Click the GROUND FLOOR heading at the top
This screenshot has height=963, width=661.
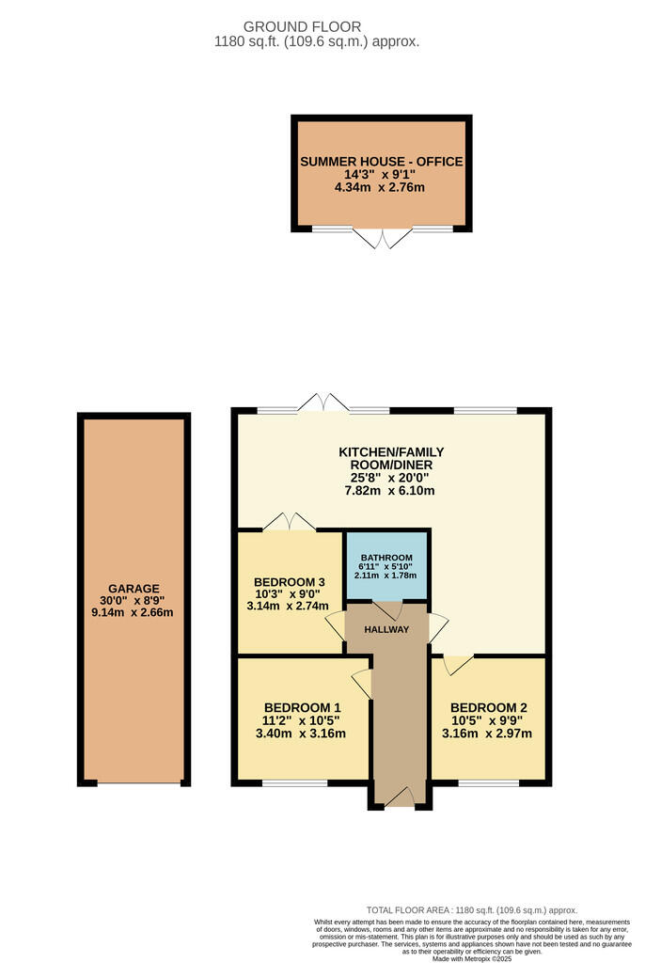tap(302, 26)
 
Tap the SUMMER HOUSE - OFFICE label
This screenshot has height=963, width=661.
tap(381, 162)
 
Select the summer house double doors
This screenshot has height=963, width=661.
tap(381, 238)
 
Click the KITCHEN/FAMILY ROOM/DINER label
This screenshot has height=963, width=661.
tap(391, 459)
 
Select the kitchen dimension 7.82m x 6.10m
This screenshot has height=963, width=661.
tap(391, 490)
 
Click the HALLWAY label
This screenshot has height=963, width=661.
tap(386, 629)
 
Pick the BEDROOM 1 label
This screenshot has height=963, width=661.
tap(302, 708)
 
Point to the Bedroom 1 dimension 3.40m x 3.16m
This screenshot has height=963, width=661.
tap(302, 734)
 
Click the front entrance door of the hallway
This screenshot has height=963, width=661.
tap(400, 797)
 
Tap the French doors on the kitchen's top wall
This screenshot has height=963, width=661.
tap(323, 402)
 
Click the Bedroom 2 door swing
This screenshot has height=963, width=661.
tap(456, 665)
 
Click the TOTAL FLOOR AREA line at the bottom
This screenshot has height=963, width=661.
tap(471, 910)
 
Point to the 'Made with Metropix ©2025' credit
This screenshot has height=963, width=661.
tap(471, 958)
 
